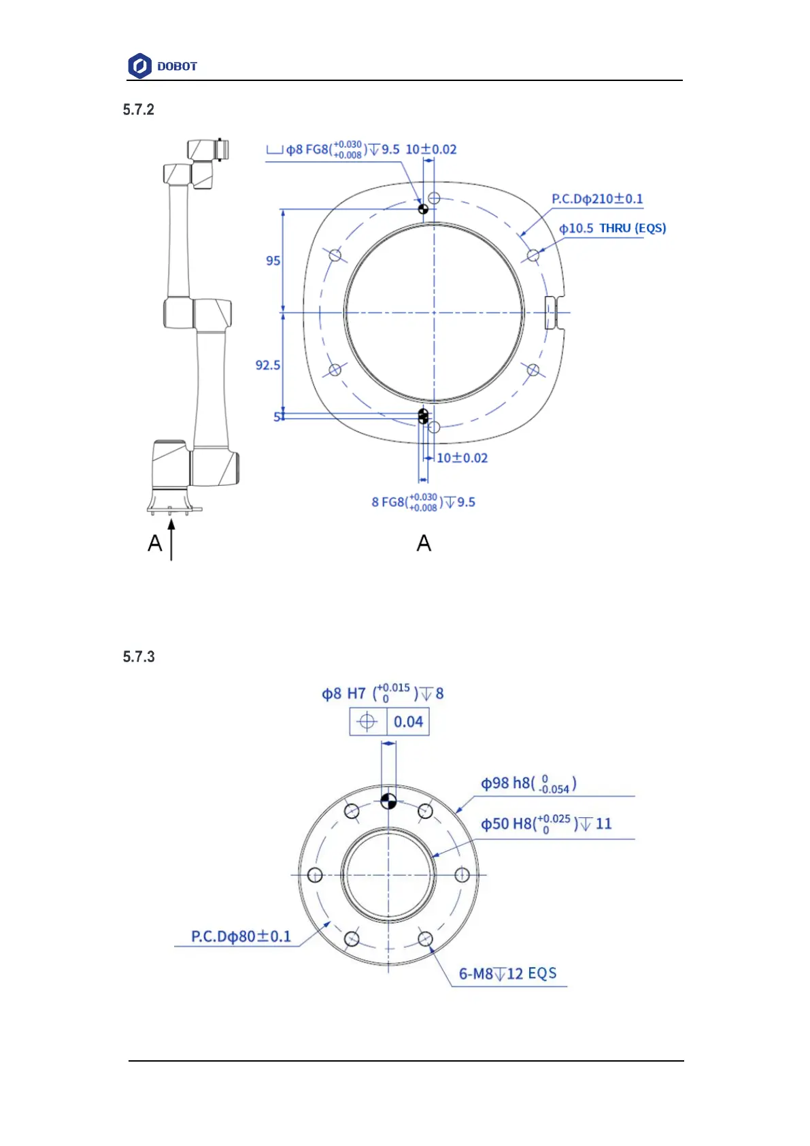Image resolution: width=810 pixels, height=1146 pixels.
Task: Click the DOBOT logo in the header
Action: pos(162,66)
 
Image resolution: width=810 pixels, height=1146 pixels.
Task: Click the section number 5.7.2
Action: pos(138,110)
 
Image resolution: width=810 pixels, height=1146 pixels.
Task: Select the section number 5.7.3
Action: pos(138,657)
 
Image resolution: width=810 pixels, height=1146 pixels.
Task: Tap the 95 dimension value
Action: pos(273,261)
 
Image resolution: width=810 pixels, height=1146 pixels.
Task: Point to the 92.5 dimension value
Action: pos(268,365)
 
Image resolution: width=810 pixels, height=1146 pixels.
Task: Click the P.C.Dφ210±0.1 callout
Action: pos(596,199)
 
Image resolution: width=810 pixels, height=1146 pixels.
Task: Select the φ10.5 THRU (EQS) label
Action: pos(612,228)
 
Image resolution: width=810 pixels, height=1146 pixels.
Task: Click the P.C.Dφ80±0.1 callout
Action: pos(241,936)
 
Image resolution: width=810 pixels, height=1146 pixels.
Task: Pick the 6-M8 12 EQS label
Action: pos(507,973)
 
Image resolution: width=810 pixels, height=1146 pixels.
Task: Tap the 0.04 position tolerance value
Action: pos(408,722)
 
